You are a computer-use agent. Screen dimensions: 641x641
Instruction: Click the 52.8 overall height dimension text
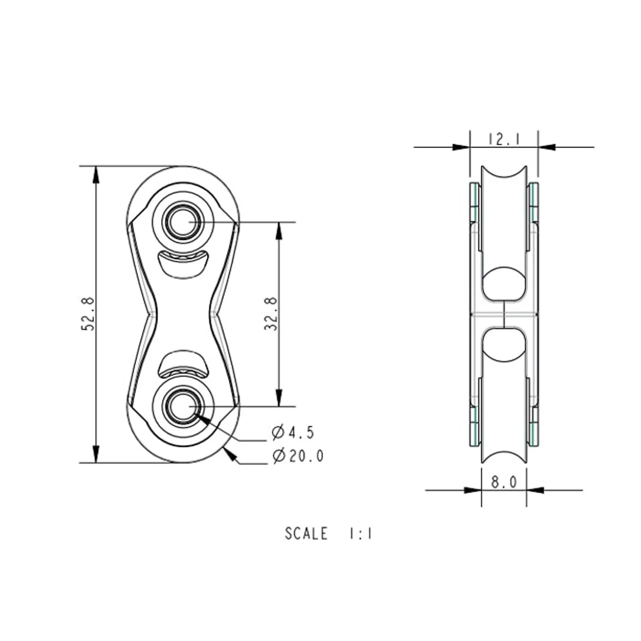click(x=89, y=314)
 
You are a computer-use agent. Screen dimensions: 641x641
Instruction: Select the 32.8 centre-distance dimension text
click(x=271, y=313)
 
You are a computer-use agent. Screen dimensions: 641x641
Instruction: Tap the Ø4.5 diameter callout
click(x=293, y=433)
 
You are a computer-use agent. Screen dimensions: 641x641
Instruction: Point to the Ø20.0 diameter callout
click(x=297, y=455)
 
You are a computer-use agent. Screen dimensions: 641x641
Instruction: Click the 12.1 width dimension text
click(x=504, y=139)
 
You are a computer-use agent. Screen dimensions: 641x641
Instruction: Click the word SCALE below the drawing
click(x=306, y=533)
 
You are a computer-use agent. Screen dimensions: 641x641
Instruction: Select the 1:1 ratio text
click(x=360, y=533)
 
